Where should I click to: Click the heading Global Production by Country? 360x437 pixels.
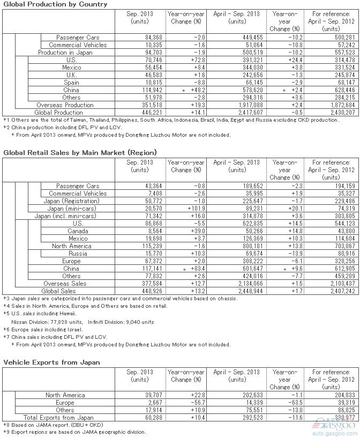pos(55,4)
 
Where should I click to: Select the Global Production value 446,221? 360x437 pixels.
pos(138,113)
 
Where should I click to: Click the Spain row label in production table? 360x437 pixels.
pos(71,83)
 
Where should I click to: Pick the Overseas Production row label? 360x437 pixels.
pos(65,106)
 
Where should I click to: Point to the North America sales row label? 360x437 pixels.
pos(71,246)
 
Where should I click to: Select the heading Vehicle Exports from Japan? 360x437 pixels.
pos(51,363)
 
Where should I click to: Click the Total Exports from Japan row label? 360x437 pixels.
pos(58,418)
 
